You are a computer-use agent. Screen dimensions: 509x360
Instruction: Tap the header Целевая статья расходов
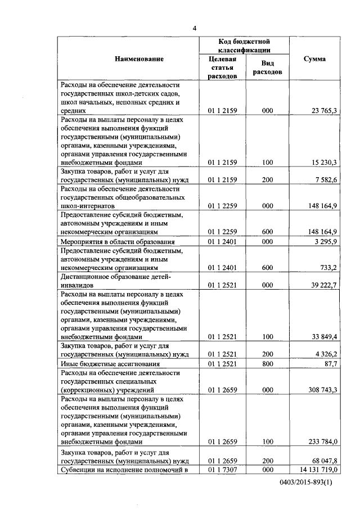click(222, 67)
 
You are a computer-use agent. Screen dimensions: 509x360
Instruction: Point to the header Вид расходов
click(267, 68)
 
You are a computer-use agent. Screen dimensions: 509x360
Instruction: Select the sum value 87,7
click(331, 364)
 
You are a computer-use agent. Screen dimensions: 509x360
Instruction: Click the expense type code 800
click(267, 364)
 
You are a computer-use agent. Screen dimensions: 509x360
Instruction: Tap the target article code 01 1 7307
click(222, 469)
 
